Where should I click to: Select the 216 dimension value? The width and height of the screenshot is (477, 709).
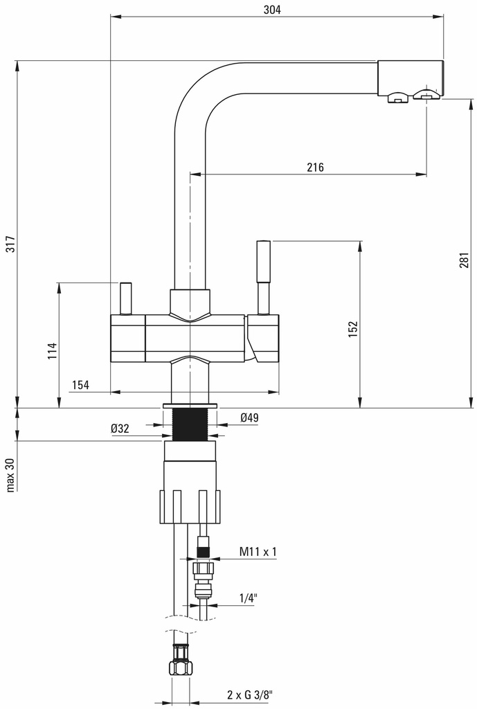314,167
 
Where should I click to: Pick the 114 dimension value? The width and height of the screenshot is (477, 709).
51,351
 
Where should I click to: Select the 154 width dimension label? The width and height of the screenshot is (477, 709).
80,386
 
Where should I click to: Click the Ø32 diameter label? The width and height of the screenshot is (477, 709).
120,429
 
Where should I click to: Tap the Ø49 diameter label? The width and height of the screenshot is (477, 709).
249,418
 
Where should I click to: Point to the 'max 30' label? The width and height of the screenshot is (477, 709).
10,474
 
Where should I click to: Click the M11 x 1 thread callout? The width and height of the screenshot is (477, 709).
258,551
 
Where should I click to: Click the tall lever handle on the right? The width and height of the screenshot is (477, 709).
263,270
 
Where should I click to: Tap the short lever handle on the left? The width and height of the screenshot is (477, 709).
126,298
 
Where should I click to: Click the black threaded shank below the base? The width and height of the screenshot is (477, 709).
190,424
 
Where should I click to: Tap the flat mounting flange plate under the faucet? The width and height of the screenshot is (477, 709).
190,405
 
